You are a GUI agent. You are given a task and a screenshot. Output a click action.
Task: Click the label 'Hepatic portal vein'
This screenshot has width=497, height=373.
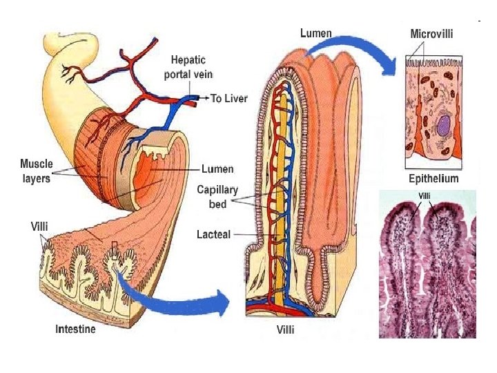click(x=188, y=68)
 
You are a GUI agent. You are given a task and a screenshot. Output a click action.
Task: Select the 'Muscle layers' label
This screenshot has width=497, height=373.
click(x=35, y=171)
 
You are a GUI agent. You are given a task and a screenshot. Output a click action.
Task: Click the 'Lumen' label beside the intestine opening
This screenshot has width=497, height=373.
click(x=217, y=169)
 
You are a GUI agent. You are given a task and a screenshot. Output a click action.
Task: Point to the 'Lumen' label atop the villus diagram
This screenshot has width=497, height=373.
click(x=315, y=32)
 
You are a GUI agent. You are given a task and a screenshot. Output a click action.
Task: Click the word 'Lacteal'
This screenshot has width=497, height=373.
click(x=213, y=235)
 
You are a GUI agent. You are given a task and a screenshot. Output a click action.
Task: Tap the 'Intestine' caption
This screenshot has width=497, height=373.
click(x=75, y=329)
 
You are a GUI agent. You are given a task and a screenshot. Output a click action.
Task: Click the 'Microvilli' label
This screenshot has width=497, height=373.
click(x=431, y=34)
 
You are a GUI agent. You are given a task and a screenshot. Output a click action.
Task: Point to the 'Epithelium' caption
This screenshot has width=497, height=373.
click(x=433, y=179)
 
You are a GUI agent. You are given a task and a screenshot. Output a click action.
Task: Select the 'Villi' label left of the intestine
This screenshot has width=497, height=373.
click(x=39, y=226)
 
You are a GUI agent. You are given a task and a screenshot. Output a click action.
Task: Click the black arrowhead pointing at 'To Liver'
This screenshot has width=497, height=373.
click(x=206, y=99)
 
